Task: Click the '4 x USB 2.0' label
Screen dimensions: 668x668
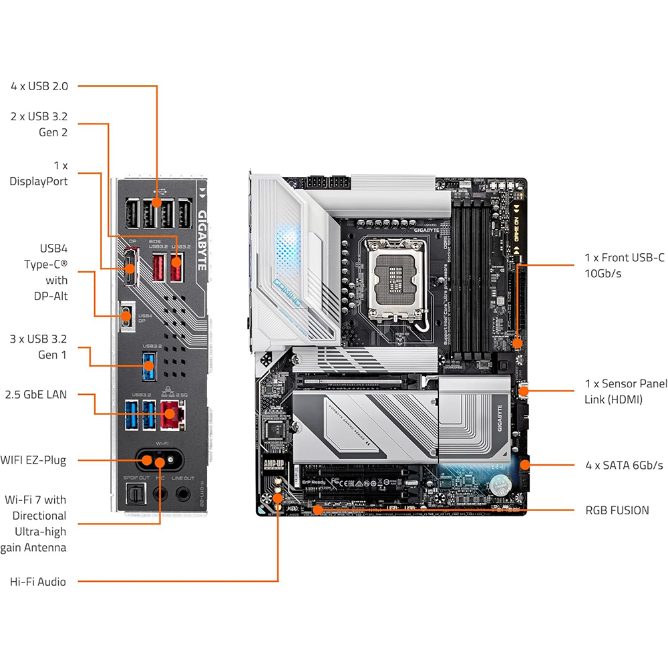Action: [39, 86]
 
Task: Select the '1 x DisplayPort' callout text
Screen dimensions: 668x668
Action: [38, 172]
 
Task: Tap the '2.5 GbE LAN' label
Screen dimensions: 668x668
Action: [35, 395]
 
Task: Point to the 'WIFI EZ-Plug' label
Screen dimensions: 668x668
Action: [33, 460]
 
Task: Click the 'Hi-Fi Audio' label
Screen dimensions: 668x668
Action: [38, 582]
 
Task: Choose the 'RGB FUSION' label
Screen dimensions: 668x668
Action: [617, 510]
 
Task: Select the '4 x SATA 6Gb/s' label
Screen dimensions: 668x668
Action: [623, 465]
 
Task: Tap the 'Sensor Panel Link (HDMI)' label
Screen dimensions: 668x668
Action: [625, 391]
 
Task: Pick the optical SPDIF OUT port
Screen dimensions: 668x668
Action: [132, 494]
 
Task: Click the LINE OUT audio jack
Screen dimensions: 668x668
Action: [182, 494]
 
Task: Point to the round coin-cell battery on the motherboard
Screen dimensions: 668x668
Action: [500, 484]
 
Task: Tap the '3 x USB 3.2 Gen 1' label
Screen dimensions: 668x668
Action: [39, 346]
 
